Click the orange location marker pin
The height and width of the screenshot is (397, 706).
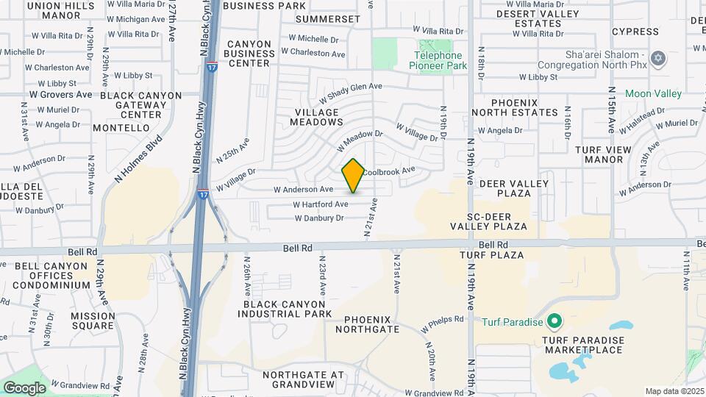(353, 175)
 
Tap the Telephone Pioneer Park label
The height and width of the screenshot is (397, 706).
(438, 60)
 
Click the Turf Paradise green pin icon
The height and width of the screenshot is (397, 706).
(555, 321)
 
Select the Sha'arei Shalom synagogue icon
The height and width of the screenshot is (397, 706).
(658, 58)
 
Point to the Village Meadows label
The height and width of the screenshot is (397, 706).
(318, 118)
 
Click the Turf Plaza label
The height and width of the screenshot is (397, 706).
(491, 255)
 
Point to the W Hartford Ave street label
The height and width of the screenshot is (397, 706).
(321, 204)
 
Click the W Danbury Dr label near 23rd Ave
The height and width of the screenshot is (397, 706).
(319, 218)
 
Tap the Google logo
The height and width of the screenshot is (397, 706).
(24, 387)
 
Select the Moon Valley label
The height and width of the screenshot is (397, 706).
(653, 94)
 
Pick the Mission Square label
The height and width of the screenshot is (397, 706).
(93, 321)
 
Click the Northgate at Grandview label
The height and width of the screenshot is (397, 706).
(303, 379)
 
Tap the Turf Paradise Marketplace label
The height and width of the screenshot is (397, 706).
(583, 345)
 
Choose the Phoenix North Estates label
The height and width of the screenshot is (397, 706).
(514, 107)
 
